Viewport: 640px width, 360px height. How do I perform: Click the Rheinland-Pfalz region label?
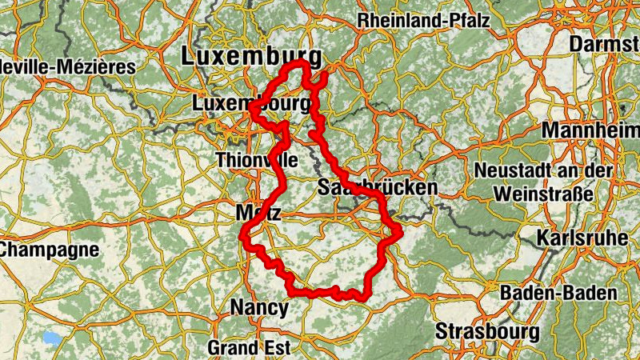[x=424, y=21]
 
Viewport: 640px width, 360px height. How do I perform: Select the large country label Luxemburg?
[x=252, y=56]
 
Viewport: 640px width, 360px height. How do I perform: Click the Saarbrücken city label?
[x=378, y=188]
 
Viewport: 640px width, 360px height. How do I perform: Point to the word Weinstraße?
[x=543, y=194]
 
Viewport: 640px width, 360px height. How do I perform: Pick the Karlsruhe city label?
[x=580, y=238]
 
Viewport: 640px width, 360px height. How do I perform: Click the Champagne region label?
[x=50, y=249]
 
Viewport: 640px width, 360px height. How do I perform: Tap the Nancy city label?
[x=258, y=306]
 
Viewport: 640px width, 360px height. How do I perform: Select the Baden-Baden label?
[x=559, y=293]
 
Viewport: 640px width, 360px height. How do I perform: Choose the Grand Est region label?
[x=249, y=348]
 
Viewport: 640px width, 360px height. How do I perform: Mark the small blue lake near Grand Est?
[x=53, y=338]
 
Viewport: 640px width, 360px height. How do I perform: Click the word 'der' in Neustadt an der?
[x=602, y=170]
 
